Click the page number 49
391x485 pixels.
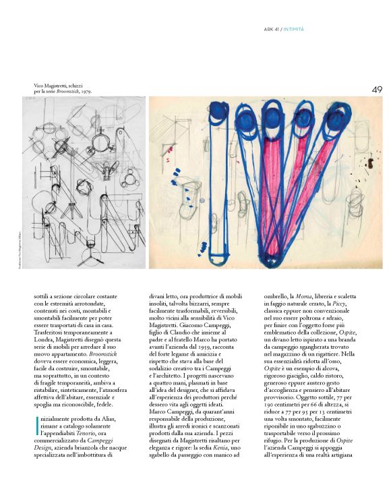(x=377, y=89)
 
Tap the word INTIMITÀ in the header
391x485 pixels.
(x=294, y=28)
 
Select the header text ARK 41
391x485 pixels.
(x=271, y=28)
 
